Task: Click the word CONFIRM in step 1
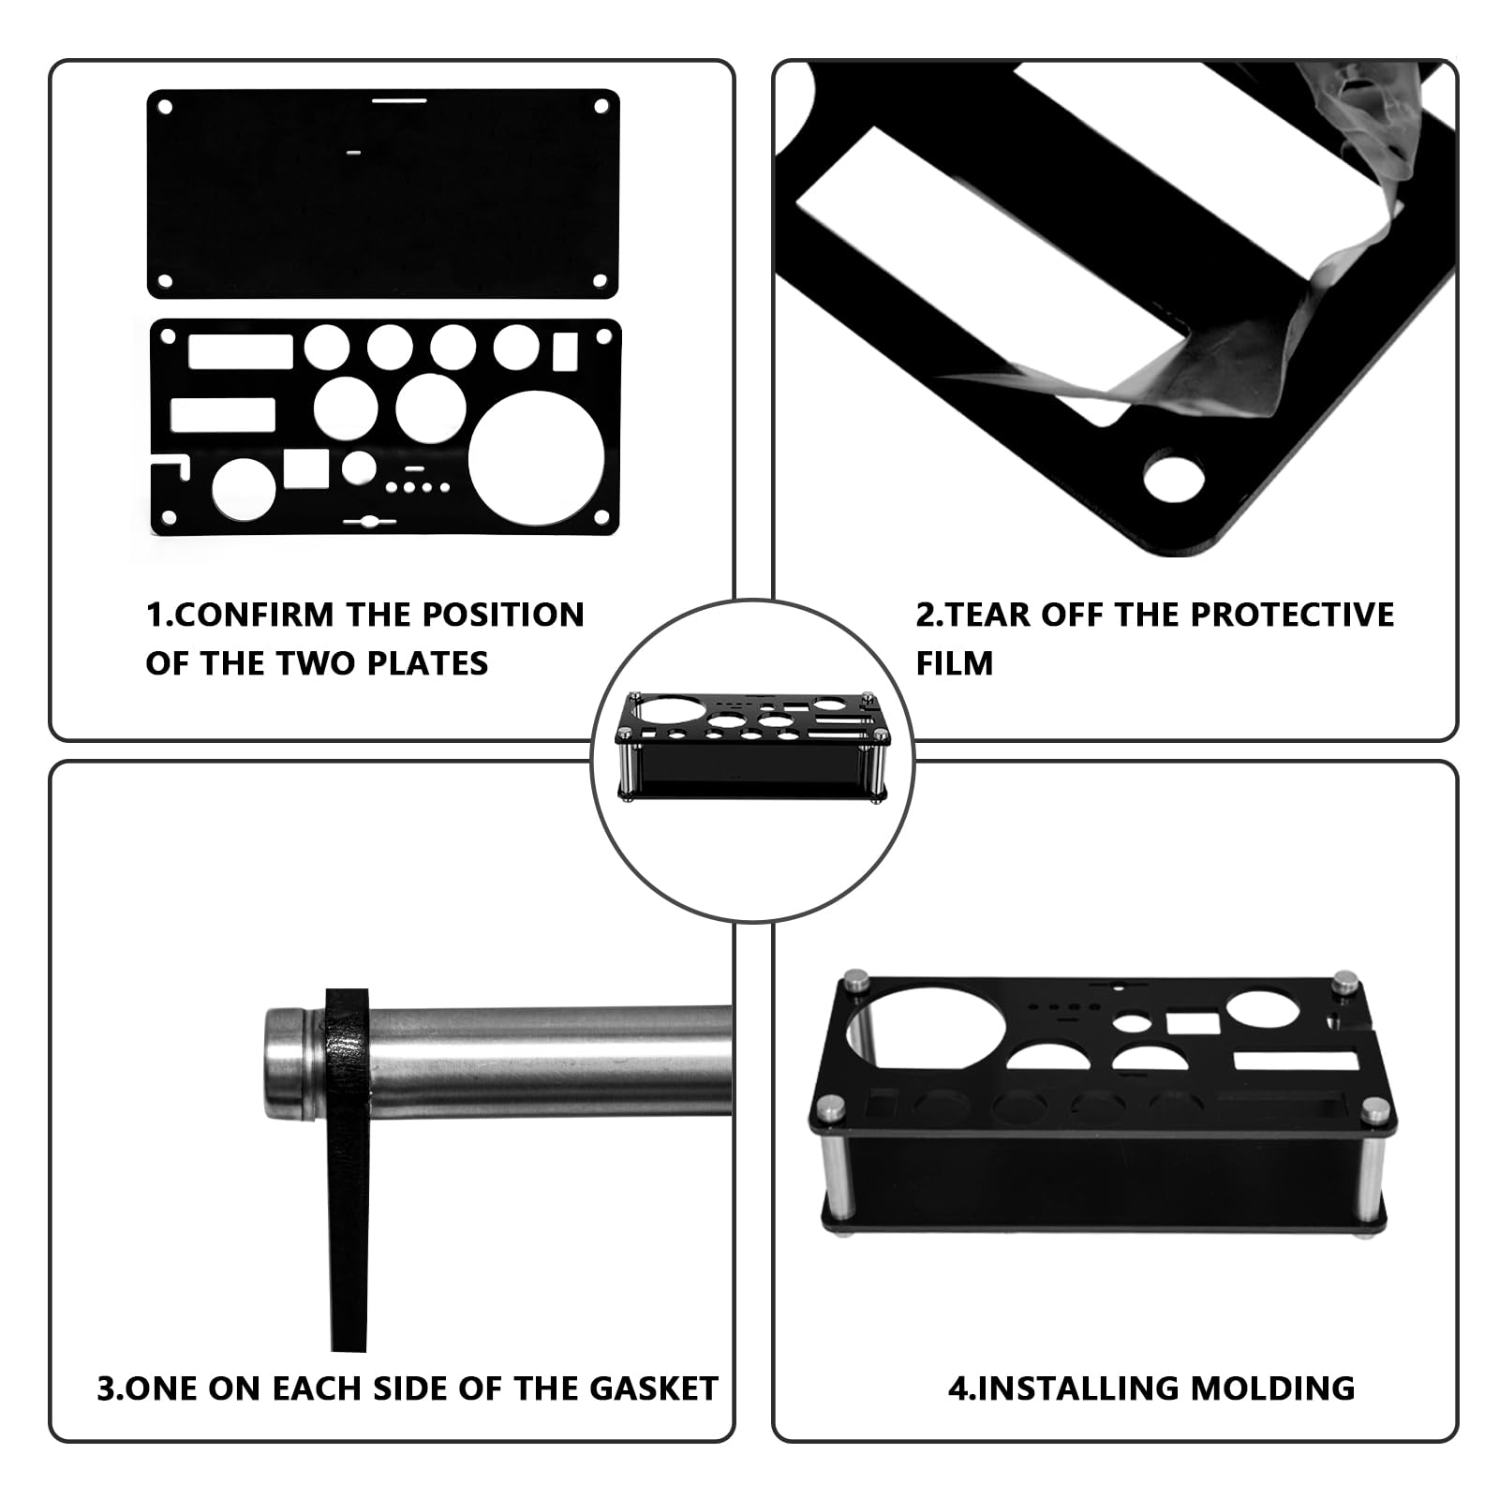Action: point(252,615)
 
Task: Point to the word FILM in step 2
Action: point(954,663)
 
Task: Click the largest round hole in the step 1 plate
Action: point(537,458)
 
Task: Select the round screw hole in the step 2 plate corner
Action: point(1174,480)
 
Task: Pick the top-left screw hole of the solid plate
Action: point(166,107)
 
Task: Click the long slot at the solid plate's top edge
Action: point(400,96)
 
